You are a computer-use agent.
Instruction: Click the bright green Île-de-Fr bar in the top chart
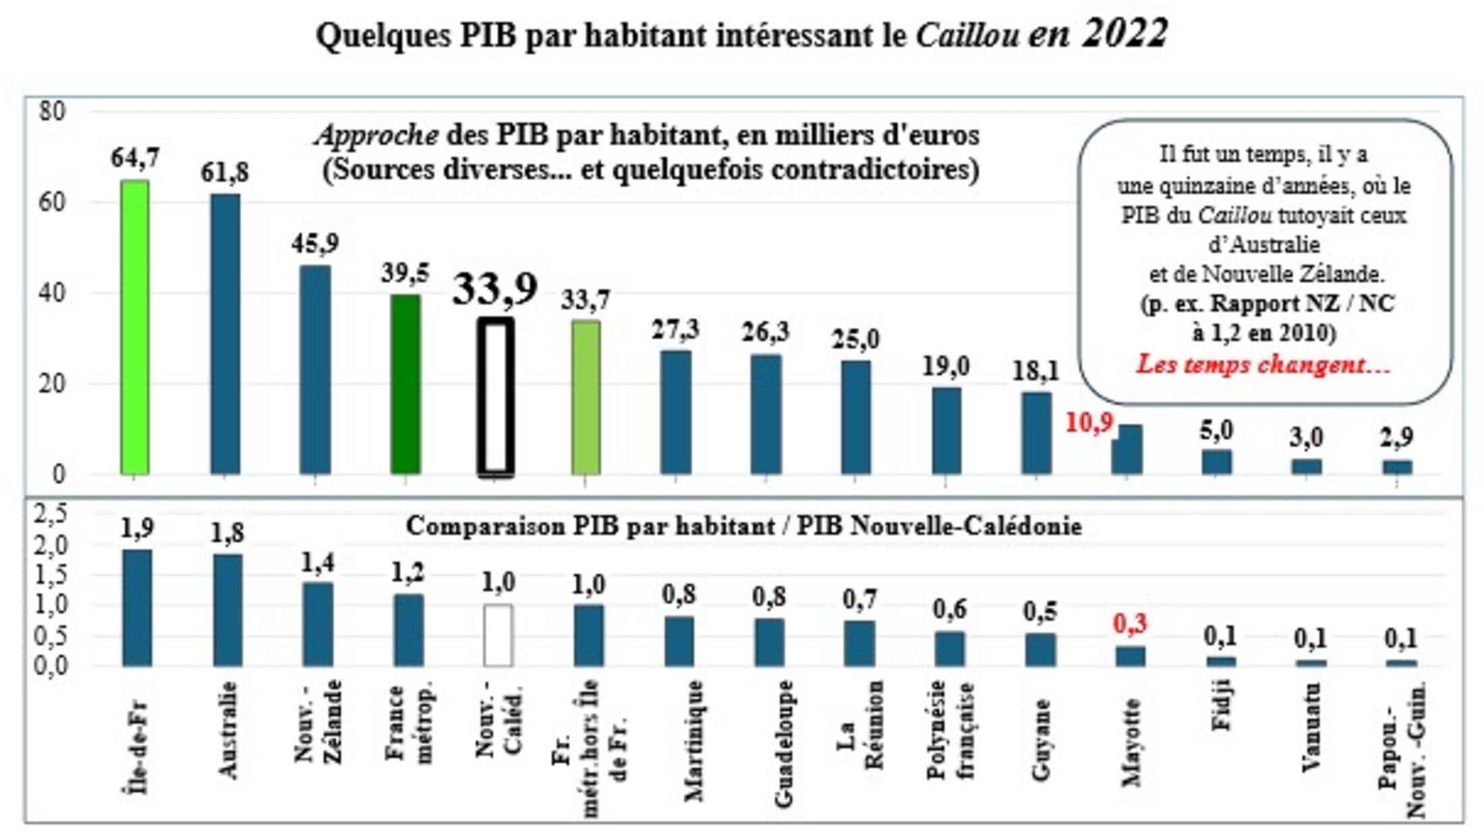(x=134, y=327)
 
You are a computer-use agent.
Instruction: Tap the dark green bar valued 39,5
(x=405, y=384)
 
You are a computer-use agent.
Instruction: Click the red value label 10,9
(x=1089, y=423)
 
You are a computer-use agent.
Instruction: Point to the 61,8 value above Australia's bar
(x=224, y=173)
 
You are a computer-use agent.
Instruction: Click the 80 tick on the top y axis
(x=52, y=111)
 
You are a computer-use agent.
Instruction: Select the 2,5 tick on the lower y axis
(x=51, y=515)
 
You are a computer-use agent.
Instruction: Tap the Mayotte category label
(x=1131, y=742)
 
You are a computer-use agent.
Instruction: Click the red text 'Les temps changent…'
(x=1263, y=365)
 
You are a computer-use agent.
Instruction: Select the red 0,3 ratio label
(x=1130, y=624)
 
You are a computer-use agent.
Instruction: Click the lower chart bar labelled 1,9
(x=137, y=607)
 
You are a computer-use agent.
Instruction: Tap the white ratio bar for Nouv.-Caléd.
(x=498, y=635)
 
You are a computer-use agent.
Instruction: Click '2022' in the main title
(x=1124, y=32)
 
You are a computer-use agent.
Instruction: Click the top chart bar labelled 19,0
(x=946, y=430)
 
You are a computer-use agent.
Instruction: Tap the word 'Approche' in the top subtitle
(x=376, y=136)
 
